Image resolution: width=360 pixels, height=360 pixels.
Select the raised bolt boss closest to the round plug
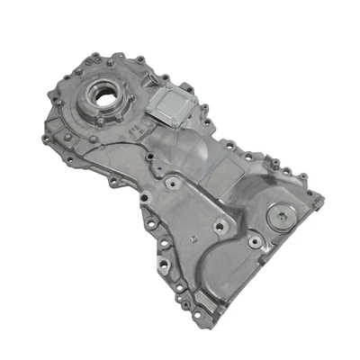(257, 241)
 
